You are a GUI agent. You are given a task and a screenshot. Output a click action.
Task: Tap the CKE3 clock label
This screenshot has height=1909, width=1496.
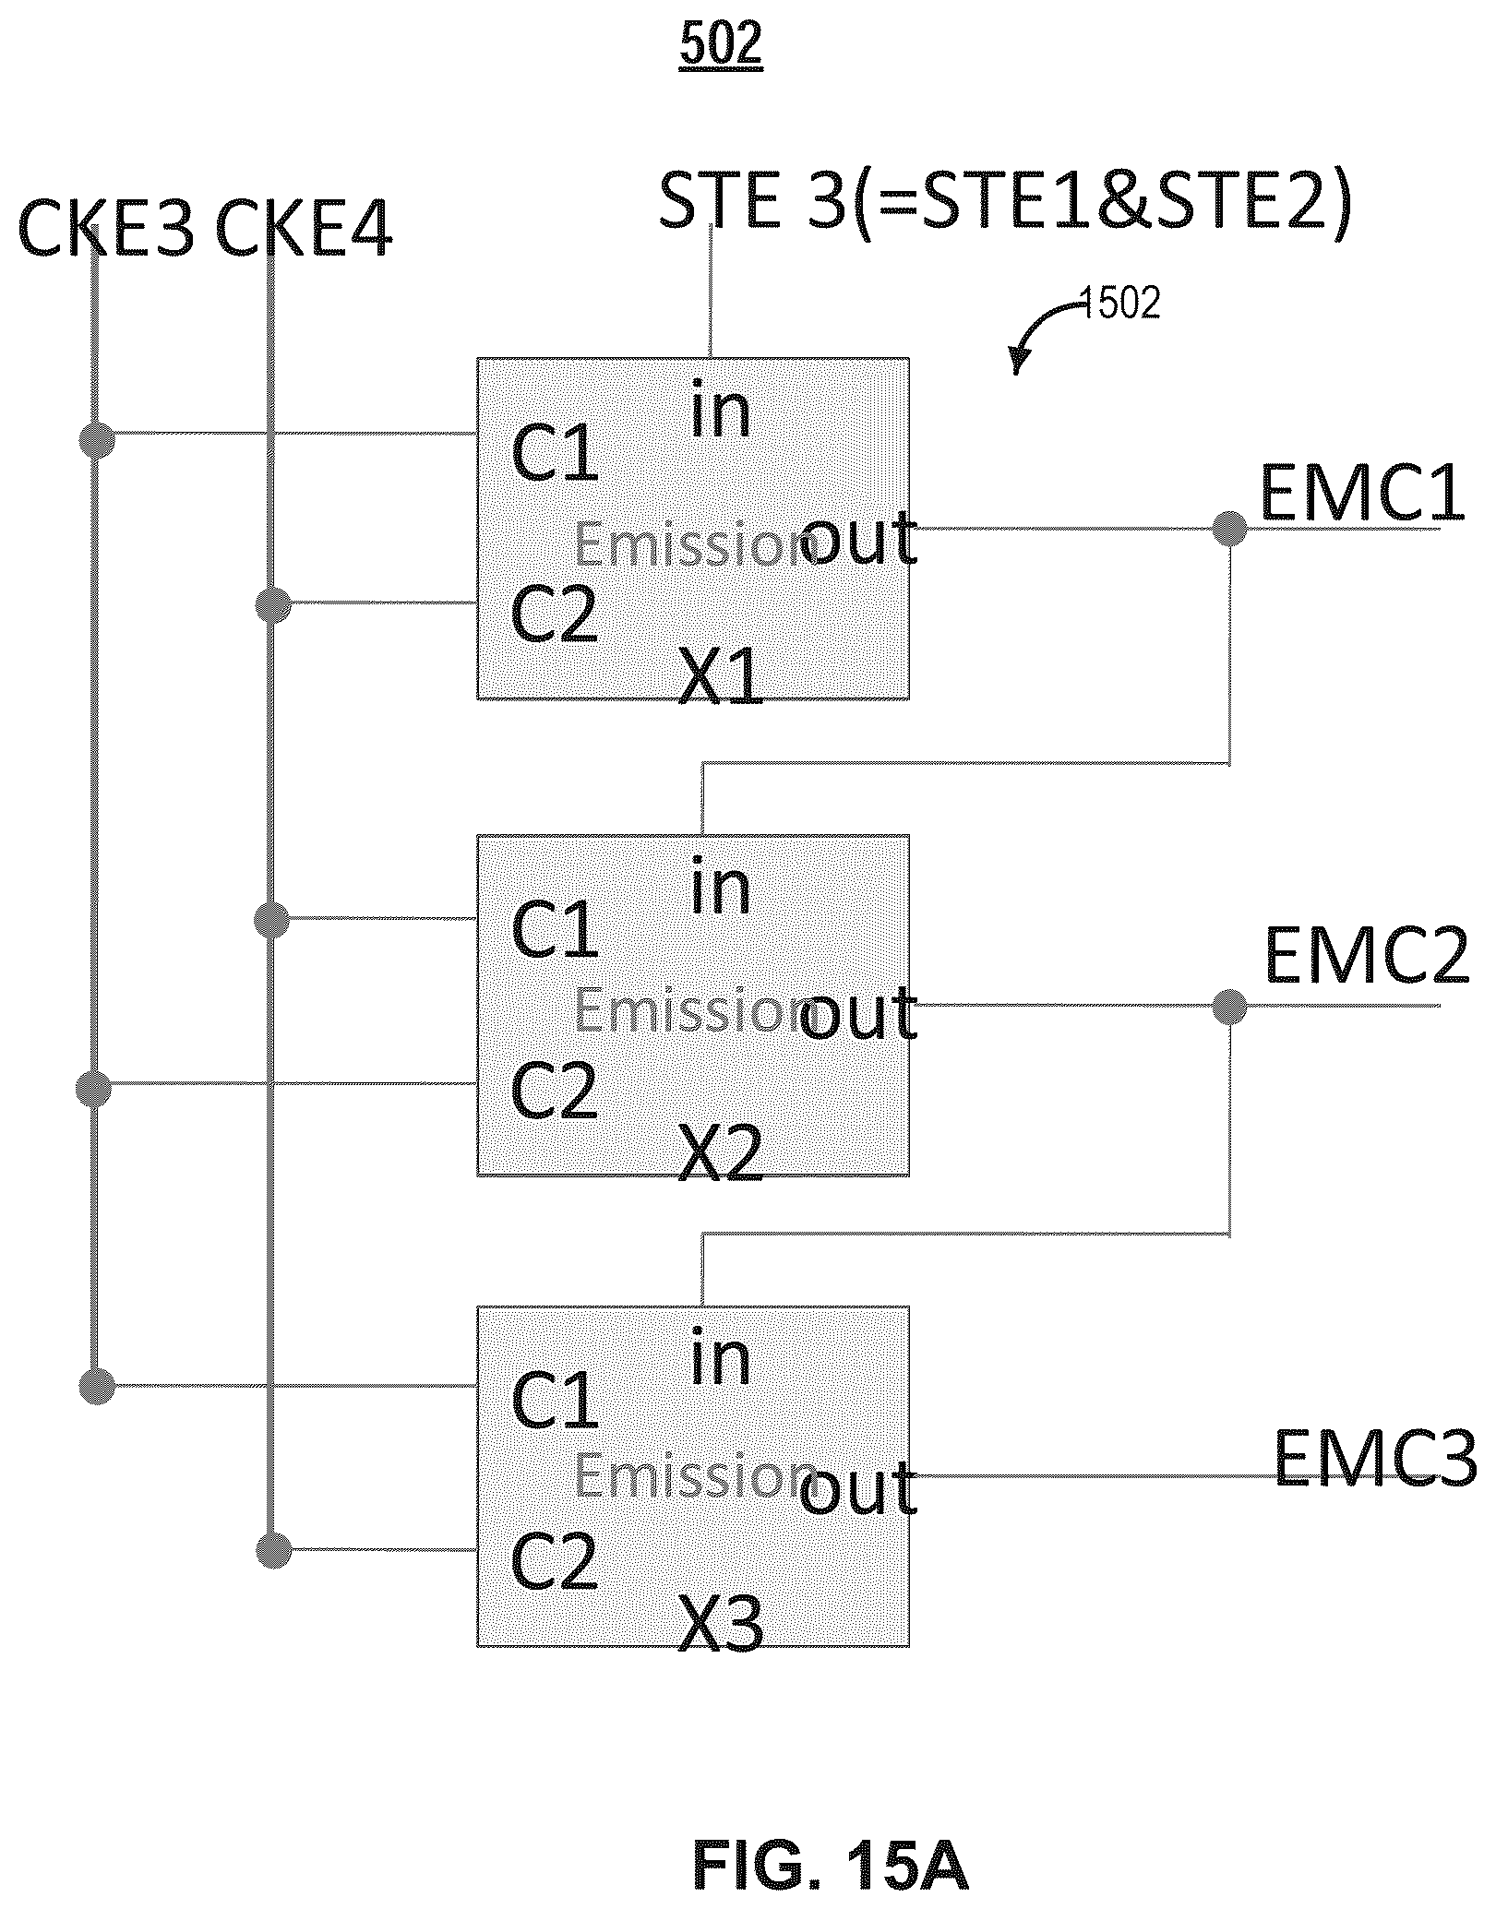(106, 230)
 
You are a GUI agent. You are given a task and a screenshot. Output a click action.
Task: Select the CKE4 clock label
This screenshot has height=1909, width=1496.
(304, 230)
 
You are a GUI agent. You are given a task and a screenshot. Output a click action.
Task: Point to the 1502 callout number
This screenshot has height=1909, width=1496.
(1119, 303)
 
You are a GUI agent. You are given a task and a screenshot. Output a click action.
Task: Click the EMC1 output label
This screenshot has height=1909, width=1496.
(1362, 495)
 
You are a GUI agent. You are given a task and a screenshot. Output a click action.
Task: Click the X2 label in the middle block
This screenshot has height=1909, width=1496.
(721, 1153)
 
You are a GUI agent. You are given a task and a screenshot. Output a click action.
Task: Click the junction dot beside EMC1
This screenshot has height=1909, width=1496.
(1229, 529)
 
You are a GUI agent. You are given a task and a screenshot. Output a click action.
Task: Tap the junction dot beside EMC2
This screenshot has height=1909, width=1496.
(1229, 1006)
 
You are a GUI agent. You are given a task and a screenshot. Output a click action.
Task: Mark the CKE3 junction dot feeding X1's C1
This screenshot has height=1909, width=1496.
(97, 440)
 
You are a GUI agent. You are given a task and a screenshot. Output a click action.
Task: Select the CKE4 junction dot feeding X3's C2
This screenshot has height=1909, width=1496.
(273, 1550)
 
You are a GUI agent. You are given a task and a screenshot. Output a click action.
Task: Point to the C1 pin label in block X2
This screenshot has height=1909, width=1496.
(555, 928)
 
